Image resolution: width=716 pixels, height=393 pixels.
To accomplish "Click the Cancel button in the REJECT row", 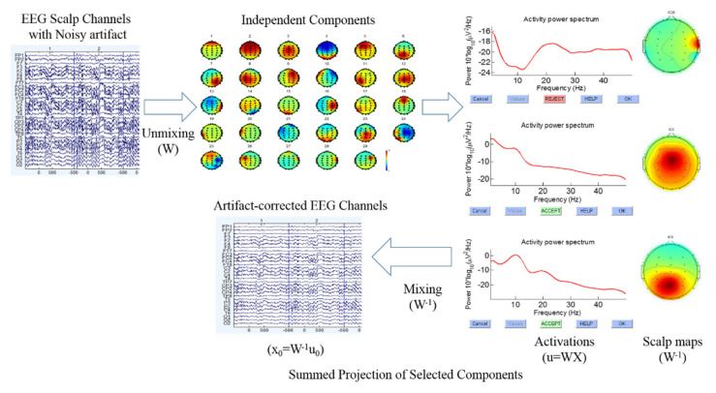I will (481, 99).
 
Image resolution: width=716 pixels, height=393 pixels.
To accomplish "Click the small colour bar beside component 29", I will (386, 159).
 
